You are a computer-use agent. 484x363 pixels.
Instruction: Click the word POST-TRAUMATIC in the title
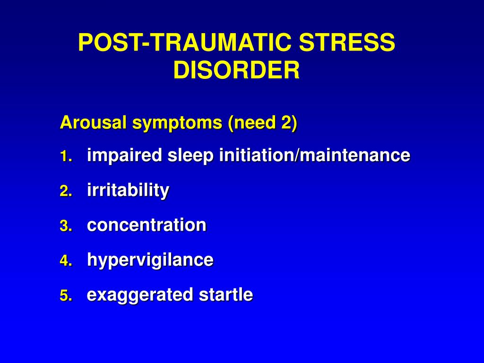coord(185,42)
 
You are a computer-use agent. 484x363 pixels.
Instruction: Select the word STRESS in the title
coord(347,42)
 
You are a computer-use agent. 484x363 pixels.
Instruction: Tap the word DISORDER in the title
coord(236,70)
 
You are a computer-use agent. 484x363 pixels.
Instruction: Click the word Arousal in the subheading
coord(94,122)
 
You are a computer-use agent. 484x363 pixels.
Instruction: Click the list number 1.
coord(66,156)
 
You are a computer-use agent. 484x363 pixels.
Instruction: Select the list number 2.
coord(66,191)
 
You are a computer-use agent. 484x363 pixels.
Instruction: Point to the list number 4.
coord(66,261)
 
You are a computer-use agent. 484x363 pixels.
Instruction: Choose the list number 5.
coord(66,296)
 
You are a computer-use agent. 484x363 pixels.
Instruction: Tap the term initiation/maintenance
coord(314,155)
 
